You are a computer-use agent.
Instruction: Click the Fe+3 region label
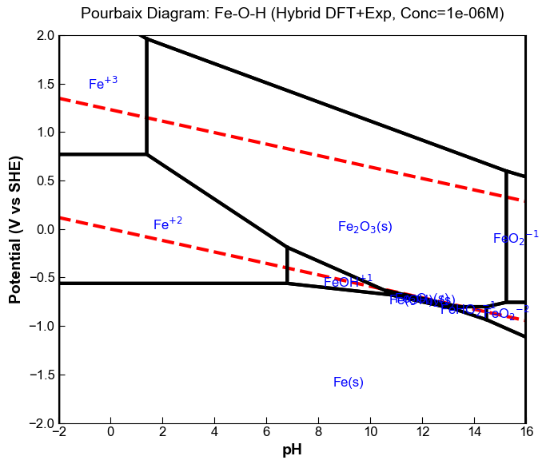coord(103,83)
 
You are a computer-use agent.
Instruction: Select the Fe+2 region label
coord(168,224)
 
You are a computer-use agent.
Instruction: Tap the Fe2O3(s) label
coord(365,227)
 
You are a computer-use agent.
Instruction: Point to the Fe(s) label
coord(349,383)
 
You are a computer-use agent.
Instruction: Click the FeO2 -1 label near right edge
coord(516,237)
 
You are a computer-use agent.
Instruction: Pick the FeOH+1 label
coord(348,281)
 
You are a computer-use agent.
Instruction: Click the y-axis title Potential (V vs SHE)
coord(15,229)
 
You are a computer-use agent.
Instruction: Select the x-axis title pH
coord(293,450)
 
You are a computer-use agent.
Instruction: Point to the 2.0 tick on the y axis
coord(45,36)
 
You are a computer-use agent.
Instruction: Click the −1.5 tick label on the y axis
coord(42,375)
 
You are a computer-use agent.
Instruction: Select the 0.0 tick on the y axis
coord(45,229)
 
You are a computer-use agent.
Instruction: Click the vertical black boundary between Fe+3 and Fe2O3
coord(146,96)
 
